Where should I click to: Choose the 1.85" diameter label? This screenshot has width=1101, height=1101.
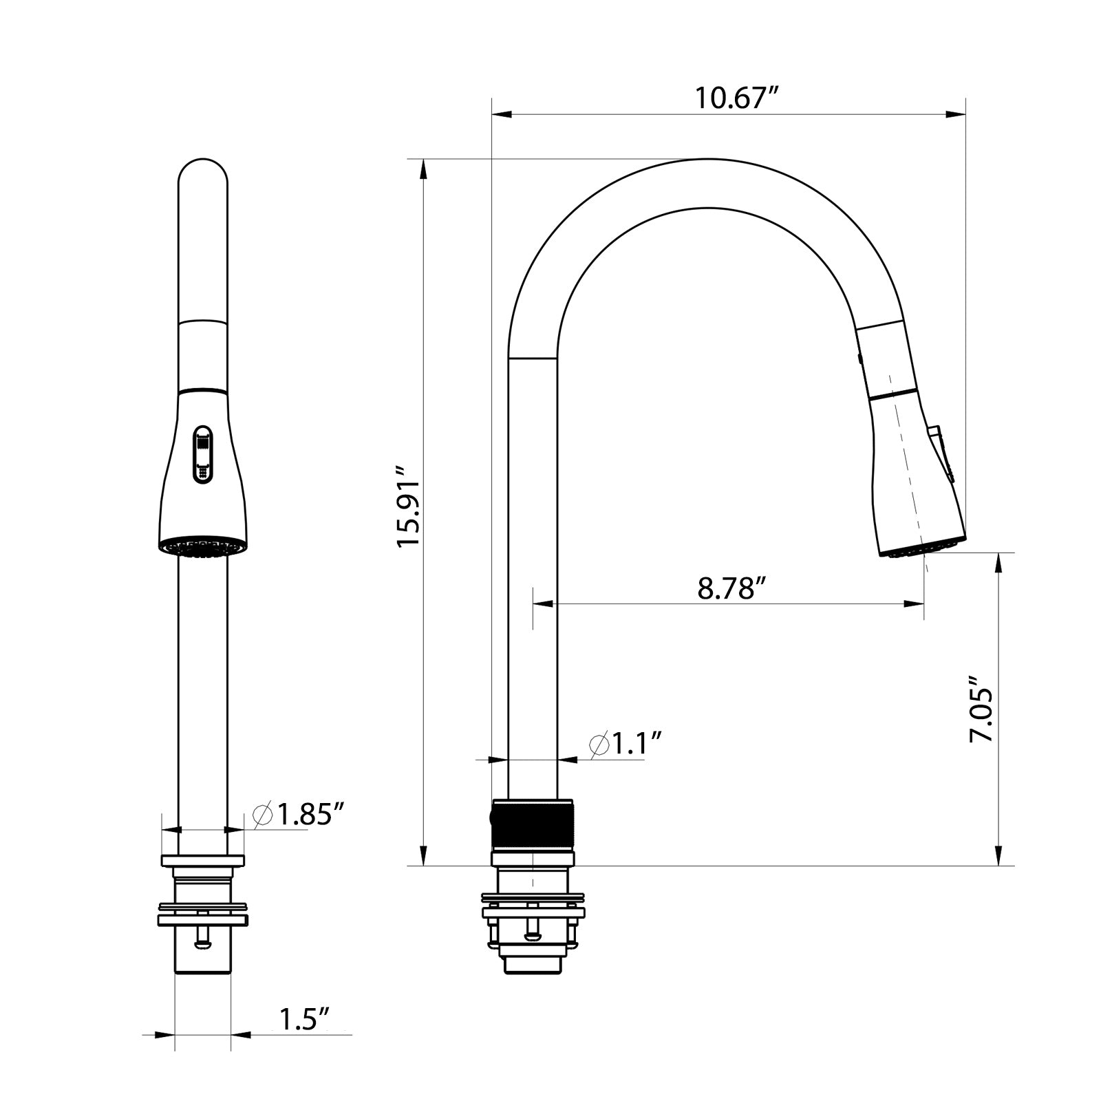click(299, 815)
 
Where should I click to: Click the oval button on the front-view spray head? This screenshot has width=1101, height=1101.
click(203, 454)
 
